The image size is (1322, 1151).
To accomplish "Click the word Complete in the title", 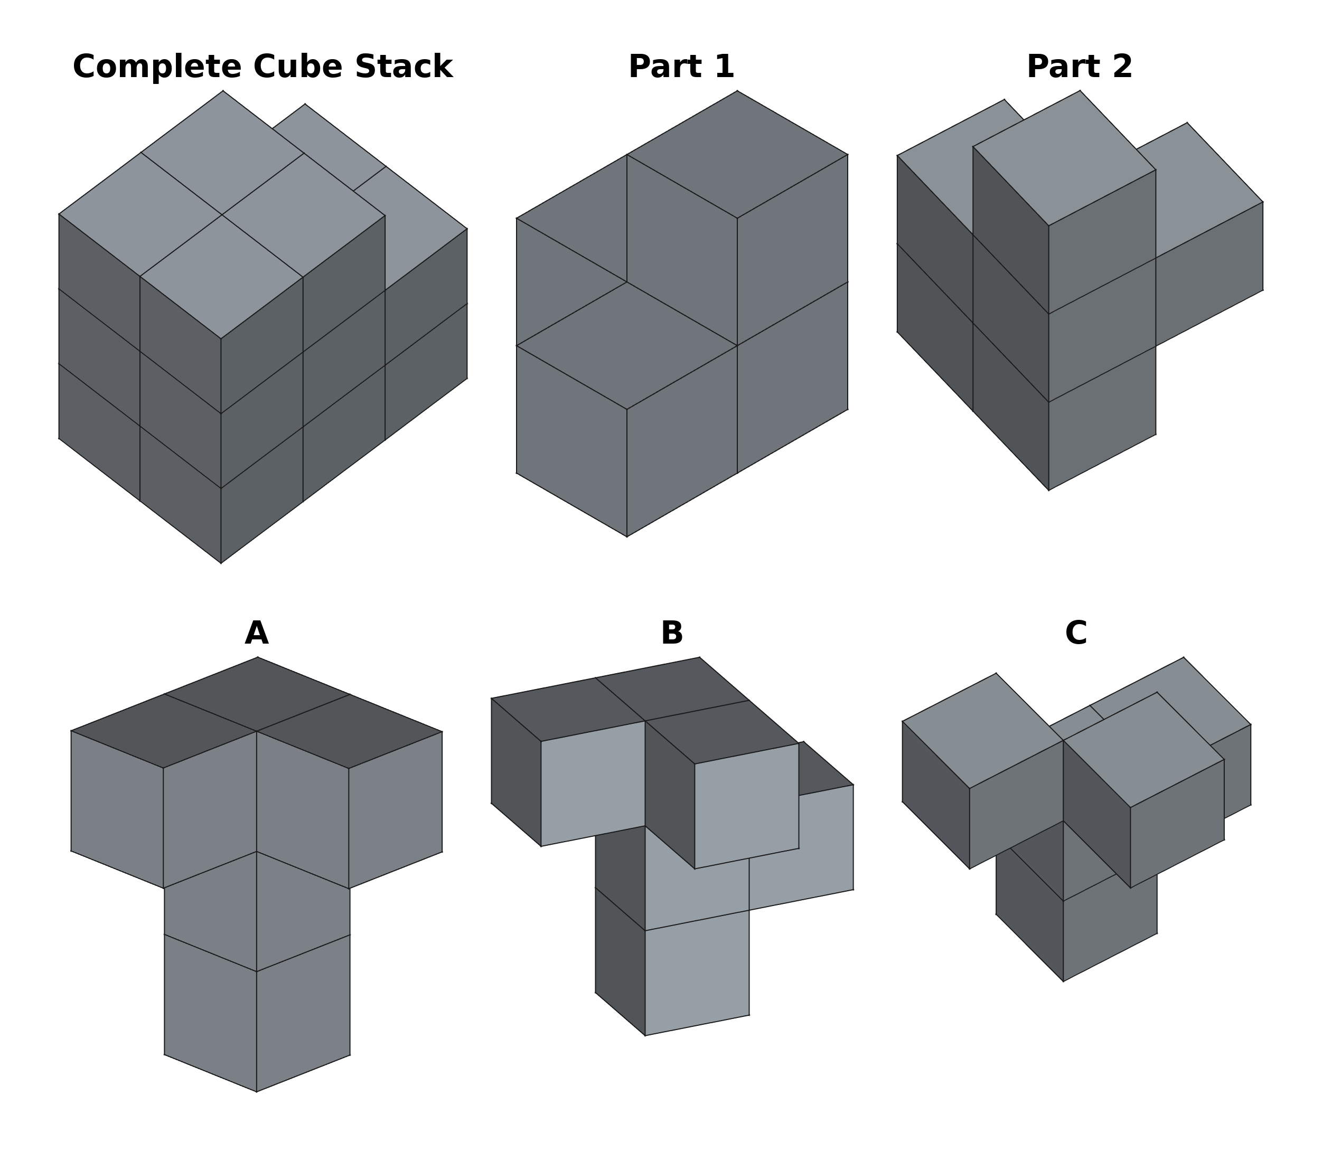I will (x=157, y=67).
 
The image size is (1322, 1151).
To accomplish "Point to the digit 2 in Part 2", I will (x=1123, y=67).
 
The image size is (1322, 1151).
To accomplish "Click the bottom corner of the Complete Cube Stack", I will (x=221, y=563).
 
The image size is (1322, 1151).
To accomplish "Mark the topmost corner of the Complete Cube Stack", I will (x=223, y=91).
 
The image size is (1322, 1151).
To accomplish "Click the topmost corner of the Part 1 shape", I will (x=737, y=91).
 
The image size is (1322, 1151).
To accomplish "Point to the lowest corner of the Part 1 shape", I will (x=627, y=537).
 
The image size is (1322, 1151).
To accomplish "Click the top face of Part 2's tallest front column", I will (x=1064, y=157).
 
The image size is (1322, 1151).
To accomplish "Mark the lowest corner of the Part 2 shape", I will (x=1049, y=490).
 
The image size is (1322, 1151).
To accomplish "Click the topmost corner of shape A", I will (x=258, y=657).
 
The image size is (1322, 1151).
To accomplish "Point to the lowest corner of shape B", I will (x=645, y=1035).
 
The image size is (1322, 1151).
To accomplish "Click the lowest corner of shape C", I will (x=1063, y=981).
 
